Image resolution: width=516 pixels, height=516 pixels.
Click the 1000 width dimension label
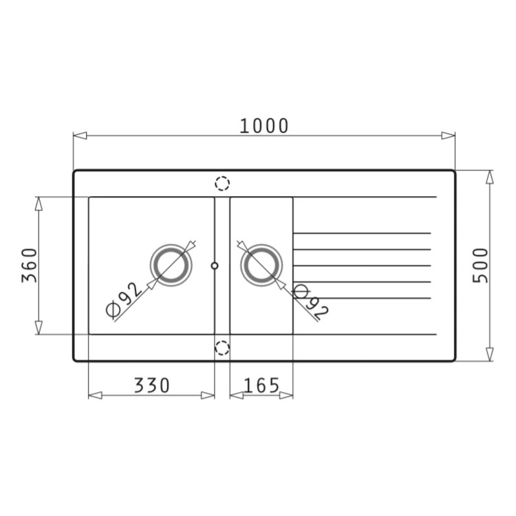pyautogui.click(x=265, y=126)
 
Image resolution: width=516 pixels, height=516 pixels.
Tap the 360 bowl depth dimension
pyautogui.click(x=29, y=265)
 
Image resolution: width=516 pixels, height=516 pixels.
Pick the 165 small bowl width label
pyautogui.click(x=261, y=385)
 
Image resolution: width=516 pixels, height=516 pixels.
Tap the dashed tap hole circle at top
pyautogui.click(x=222, y=184)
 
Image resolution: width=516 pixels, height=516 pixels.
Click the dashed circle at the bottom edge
pyautogui.click(x=222, y=347)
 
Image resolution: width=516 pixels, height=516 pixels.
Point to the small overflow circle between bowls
pyautogui.click(x=215, y=265)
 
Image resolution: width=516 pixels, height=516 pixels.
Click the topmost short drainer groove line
pyautogui.click(x=362, y=233)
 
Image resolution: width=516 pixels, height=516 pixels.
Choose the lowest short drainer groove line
pyautogui.click(x=362, y=299)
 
